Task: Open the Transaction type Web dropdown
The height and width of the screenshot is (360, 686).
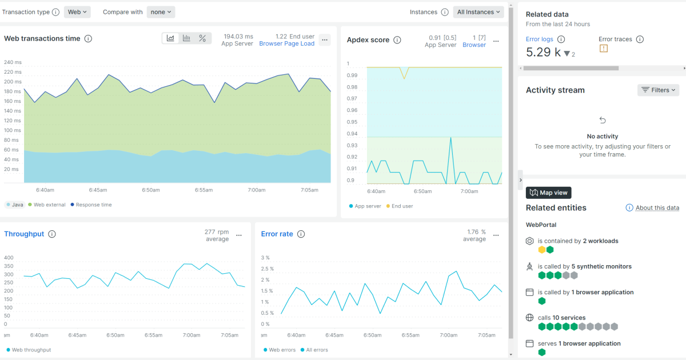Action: coord(77,12)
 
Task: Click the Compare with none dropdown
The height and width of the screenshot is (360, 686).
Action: coord(161,12)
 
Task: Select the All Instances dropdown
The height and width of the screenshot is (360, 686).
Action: coord(478,12)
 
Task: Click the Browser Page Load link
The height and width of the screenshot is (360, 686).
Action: coord(286,43)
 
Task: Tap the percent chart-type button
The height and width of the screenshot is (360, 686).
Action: coord(202,38)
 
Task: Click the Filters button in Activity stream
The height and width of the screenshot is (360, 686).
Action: coord(658,90)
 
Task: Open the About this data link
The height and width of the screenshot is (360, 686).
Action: coord(657,208)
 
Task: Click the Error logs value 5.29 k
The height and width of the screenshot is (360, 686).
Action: coord(544,53)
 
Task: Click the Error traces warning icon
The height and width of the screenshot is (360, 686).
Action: coord(603,49)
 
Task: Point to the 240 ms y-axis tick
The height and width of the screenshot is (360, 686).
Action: coord(13,62)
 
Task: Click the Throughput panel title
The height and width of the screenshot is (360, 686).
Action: coord(24,234)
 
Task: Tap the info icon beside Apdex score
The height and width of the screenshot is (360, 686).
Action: coord(397,40)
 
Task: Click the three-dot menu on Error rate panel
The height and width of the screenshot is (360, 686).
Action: coord(496,235)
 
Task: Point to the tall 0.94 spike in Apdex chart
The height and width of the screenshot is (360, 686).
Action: coord(451,138)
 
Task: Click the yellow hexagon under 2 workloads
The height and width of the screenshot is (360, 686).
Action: coord(541,250)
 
